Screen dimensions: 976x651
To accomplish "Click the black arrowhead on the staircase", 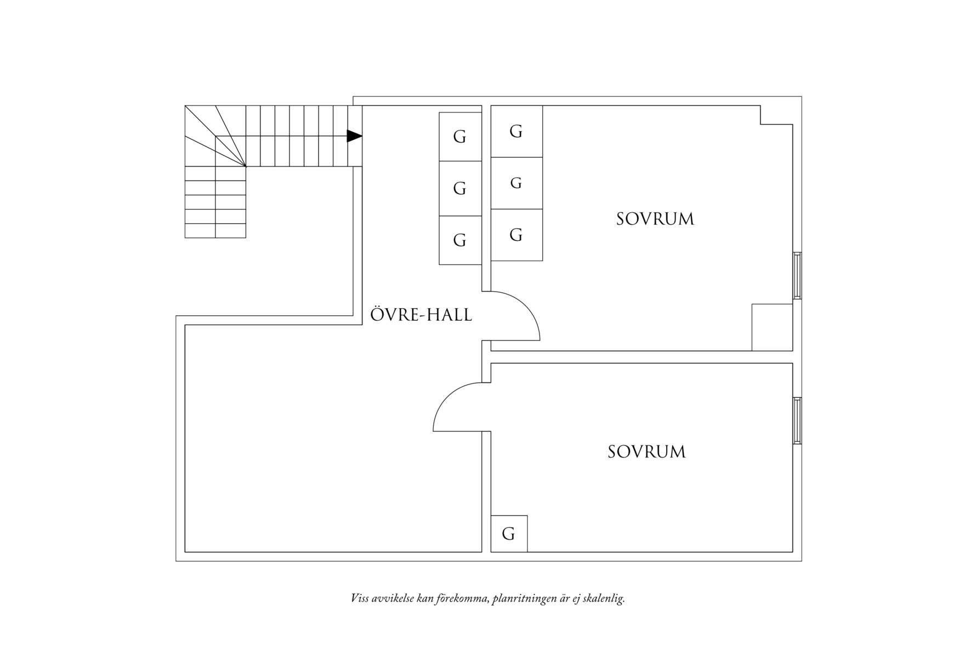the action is (x=354, y=135).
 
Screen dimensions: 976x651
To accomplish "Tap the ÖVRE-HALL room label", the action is (x=421, y=314).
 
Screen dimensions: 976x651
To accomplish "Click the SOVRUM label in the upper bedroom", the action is (x=655, y=219).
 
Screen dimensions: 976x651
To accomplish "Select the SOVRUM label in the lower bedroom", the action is (x=647, y=451).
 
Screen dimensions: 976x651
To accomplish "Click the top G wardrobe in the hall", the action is (x=460, y=137).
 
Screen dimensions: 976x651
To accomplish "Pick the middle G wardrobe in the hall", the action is (x=460, y=188).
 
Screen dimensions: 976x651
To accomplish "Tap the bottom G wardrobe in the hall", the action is (x=460, y=240).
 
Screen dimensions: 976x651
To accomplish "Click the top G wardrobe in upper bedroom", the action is (x=517, y=131).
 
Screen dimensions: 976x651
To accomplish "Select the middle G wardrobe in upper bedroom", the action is (x=517, y=183).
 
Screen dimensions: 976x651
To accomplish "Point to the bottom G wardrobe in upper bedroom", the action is (x=517, y=235).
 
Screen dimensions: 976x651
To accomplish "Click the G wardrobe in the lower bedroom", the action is (x=509, y=534).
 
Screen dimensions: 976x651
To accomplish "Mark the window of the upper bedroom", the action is (x=797, y=275).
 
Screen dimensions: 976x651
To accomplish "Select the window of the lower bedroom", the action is (x=797, y=421).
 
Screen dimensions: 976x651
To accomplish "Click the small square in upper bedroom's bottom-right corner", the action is (x=772, y=327).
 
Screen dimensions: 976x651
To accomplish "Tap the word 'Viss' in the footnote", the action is (x=360, y=598).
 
